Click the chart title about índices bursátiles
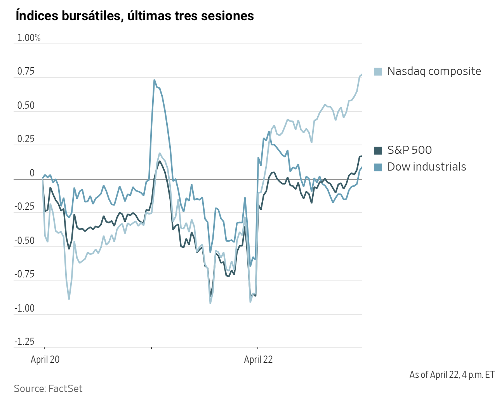click(x=135, y=16)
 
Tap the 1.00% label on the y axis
click(x=29, y=38)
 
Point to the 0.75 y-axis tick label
click(x=26, y=71)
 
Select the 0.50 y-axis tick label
click(x=26, y=105)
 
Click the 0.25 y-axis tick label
click(x=26, y=139)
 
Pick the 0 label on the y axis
click(x=32, y=173)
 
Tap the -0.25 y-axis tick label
click(x=24, y=207)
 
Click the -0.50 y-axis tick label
click(x=24, y=241)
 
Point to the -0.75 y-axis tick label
click(x=24, y=274)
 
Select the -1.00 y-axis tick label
click(x=24, y=308)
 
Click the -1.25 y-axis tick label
click(x=24, y=342)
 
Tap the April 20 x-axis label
click(x=45, y=359)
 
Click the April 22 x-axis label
click(x=258, y=359)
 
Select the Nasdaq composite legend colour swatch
click(x=378, y=71)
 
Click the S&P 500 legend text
click(x=409, y=150)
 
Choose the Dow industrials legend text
click(x=426, y=167)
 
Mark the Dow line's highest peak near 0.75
click(x=155, y=80)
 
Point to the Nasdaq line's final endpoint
click(x=362, y=74)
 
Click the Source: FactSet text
click(x=48, y=389)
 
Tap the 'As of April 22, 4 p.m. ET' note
click(x=452, y=375)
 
